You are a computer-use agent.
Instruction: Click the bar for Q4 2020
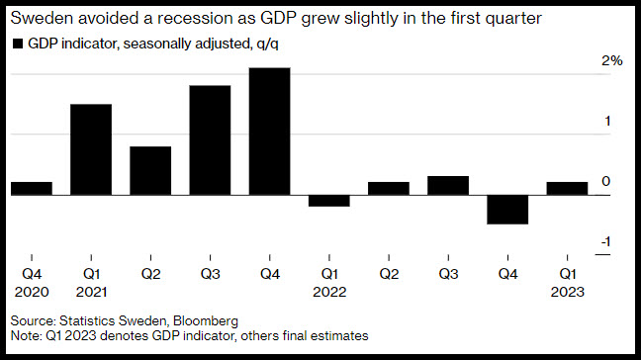tap(32, 188)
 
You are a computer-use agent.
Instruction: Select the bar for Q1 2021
tap(91, 149)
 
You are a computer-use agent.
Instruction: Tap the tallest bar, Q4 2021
tap(270, 132)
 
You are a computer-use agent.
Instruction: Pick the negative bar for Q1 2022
tap(329, 201)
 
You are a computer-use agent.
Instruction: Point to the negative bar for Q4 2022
tap(507, 210)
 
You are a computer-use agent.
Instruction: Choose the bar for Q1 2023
tap(568, 188)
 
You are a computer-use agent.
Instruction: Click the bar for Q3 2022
tap(448, 186)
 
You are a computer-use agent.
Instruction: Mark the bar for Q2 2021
tap(150, 171)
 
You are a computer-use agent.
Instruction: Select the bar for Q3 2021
tap(210, 140)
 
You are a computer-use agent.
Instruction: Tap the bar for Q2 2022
tap(389, 188)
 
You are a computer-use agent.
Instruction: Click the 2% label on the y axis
tap(612, 61)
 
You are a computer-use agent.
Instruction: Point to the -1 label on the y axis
tap(605, 241)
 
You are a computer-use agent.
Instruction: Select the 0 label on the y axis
tap(606, 181)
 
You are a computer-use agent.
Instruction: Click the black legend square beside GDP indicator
tap(18, 44)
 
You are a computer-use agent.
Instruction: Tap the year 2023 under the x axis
tap(568, 292)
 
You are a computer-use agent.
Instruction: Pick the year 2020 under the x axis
tap(32, 292)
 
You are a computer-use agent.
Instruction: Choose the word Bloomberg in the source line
tap(206, 320)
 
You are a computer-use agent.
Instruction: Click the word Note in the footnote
tap(25, 335)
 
